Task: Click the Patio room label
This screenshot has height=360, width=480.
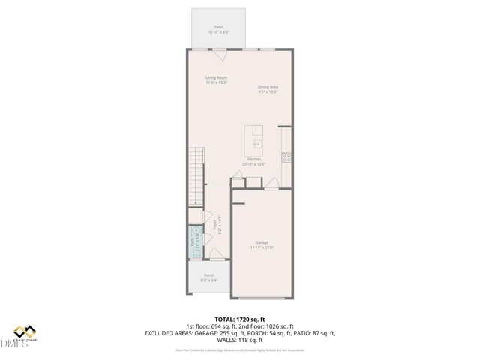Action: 218,26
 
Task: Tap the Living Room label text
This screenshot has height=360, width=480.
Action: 217,77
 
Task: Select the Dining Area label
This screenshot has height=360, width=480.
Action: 268,87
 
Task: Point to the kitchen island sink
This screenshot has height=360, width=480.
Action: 256,143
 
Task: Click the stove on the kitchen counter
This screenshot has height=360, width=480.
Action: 286,157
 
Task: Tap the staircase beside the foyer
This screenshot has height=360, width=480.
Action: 195,176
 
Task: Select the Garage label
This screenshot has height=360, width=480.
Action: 262,243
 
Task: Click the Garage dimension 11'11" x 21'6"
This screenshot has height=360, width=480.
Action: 262,247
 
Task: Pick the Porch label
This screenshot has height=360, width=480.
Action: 209,275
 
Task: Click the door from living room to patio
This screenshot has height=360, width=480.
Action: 218,55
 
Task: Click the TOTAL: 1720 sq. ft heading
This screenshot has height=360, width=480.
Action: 240,319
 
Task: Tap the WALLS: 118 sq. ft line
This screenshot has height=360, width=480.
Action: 240,339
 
